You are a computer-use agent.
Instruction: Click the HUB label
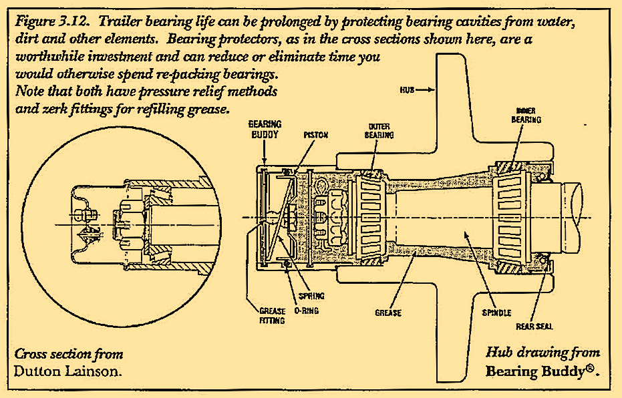click(409, 89)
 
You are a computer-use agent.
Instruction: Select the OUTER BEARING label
click(378, 130)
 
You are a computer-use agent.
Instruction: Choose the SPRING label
click(311, 296)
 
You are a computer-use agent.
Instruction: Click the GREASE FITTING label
click(272, 315)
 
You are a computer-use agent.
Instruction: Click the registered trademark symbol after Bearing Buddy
click(591, 368)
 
